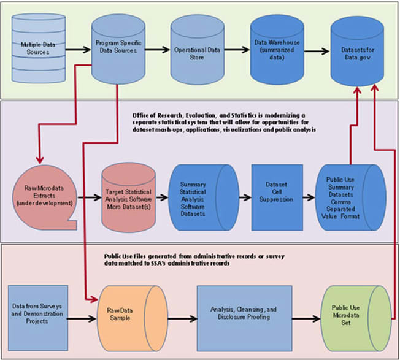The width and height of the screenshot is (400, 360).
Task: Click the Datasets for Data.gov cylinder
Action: pyautogui.click(x=356, y=48)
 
